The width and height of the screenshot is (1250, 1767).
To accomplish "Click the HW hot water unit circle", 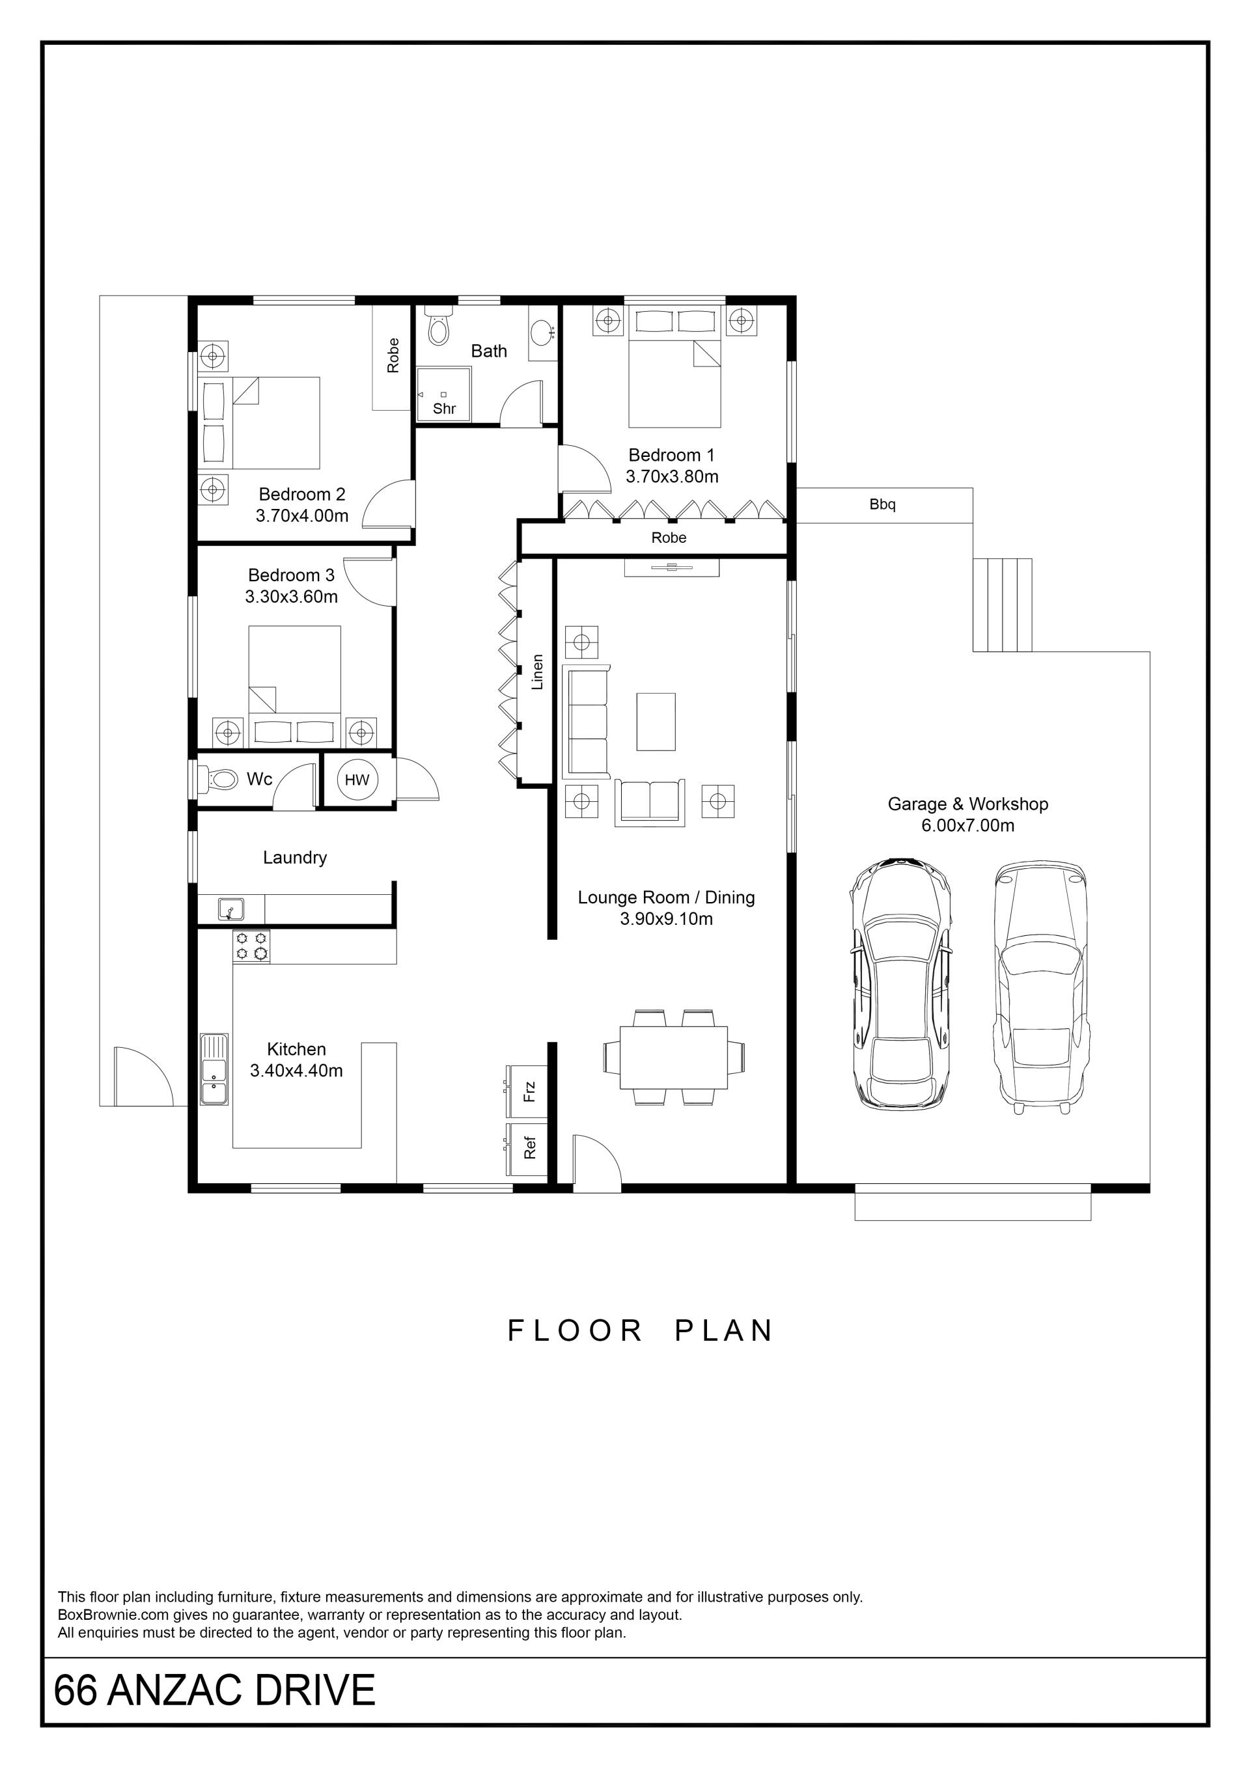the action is [357, 780].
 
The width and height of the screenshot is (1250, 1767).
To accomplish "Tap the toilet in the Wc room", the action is [219, 779].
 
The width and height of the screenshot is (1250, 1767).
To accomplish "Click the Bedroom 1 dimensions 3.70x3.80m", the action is [672, 476].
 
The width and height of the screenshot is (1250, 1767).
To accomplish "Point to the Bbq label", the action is [882, 505].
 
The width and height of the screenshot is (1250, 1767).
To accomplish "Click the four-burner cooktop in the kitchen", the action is [252, 946].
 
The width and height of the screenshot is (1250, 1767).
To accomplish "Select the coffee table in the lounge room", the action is [656, 721].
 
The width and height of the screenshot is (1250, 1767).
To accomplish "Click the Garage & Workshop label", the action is [967, 804].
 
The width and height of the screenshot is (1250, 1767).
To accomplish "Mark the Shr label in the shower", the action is [444, 409].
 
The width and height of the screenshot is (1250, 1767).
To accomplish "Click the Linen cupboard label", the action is [538, 672].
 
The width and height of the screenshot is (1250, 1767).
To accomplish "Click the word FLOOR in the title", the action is [575, 1331].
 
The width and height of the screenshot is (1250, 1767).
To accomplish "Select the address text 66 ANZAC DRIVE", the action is [215, 1690].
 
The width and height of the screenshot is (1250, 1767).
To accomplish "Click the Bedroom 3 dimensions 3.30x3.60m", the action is [292, 596].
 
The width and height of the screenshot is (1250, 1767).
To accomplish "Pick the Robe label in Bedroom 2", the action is [393, 355].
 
